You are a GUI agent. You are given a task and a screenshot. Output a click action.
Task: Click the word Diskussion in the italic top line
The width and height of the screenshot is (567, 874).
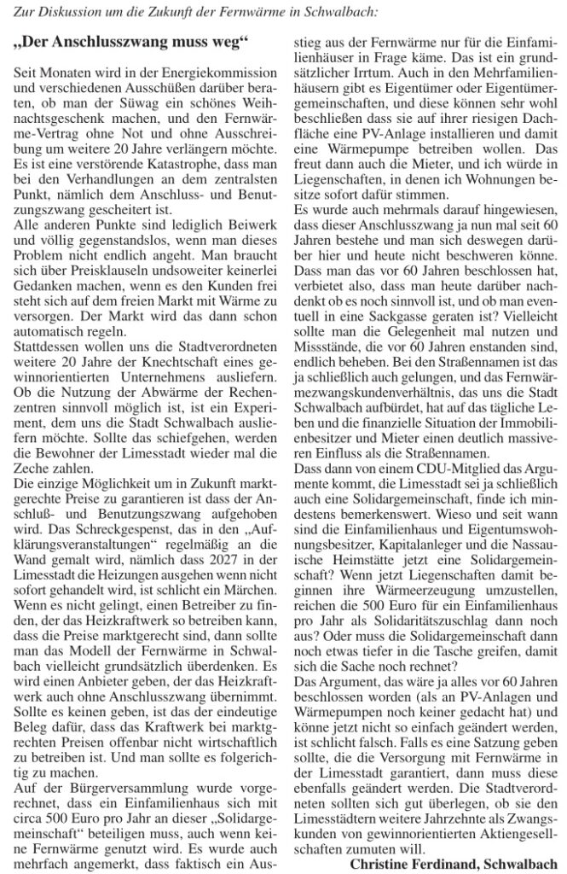pyautogui.click(x=84, y=11)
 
